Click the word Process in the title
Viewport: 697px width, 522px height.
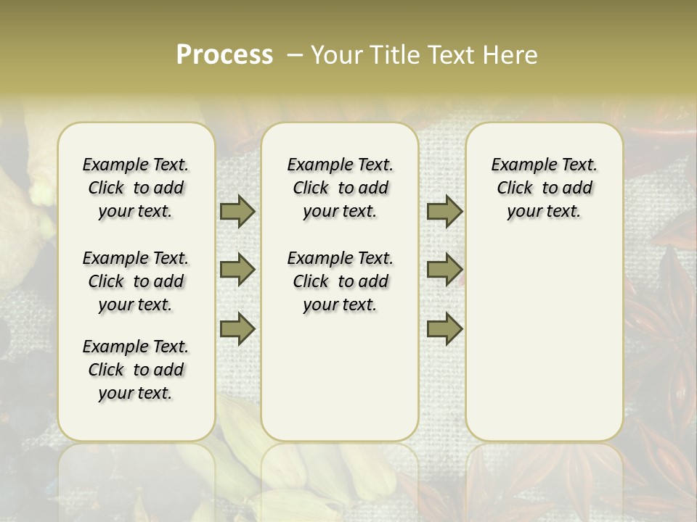(224, 55)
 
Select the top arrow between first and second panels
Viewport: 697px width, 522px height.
(237, 212)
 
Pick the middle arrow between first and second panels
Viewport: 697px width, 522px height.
(237, 270)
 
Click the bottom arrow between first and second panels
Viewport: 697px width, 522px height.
(237, 328)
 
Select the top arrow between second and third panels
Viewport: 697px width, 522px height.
(444, 212)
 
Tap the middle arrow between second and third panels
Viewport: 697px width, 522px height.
(444, 270)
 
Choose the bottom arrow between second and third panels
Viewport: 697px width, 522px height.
(444, 328)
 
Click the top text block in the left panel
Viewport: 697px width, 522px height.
(136, 188)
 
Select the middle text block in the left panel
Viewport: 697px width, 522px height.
(136, 281)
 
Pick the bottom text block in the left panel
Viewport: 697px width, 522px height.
(136, 370)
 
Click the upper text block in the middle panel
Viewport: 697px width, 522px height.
(340, 188)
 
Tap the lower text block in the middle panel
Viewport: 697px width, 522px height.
(340, 281)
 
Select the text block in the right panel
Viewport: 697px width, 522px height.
(544, 188)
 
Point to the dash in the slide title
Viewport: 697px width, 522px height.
(295, 55)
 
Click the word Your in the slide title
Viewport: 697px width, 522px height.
(335, 55)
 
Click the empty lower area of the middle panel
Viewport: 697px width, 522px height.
(340, 377)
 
